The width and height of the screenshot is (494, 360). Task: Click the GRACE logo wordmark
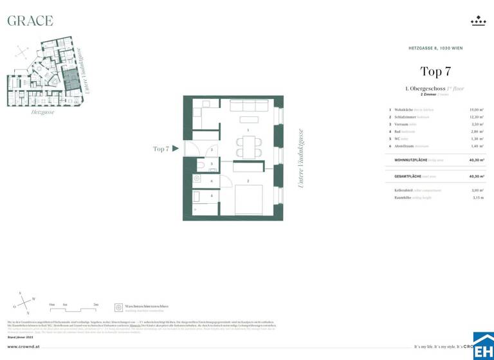pos(30,21)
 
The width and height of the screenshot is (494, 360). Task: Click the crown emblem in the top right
pos(478,21)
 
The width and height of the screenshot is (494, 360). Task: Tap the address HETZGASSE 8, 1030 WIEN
pos(436,48)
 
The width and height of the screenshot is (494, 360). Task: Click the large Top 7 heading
pos(435,71)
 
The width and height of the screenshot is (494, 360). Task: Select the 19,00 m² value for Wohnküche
pos(477,110)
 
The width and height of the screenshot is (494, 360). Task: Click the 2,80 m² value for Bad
pos(477,131)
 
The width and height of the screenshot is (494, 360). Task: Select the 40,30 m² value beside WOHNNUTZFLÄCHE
pos(476,159)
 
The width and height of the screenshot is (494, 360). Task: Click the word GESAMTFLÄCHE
pos(408,175)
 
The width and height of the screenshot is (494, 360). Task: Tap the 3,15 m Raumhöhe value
pos(477,198)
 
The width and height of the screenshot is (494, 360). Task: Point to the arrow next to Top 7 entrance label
pos(175,148)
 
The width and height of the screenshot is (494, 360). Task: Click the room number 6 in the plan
pos(212,181)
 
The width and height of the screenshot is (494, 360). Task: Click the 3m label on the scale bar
pos(96,304)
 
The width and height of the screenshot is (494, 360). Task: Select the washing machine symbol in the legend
pos(118,308)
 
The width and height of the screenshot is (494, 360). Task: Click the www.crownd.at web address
pos(24,346)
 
